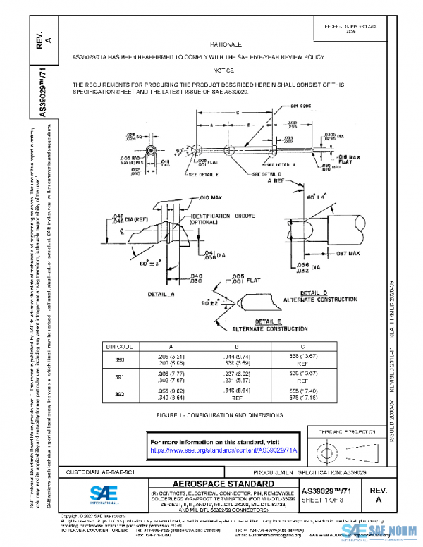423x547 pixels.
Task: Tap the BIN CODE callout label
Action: pos(282,106)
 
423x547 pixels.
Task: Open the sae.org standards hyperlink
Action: pos(223,449)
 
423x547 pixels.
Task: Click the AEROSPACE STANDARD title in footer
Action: pos(221,484)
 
